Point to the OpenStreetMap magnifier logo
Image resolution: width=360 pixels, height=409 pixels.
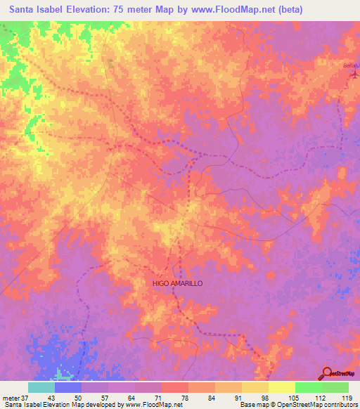(x=327, y=373)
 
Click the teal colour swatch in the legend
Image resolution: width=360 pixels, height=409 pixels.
(x=41, y=387)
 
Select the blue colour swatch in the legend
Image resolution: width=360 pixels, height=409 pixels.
(x=67, y=387)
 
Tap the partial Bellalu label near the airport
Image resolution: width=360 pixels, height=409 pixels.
(x=350, y=65)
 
